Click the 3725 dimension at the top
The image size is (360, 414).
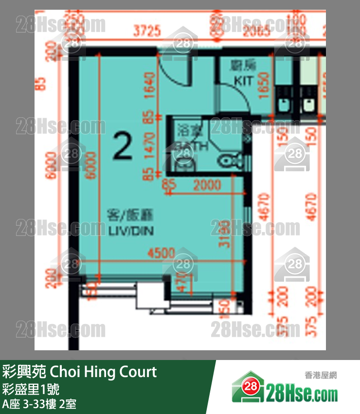tap(146, 32)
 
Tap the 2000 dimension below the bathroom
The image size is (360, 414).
tap(207, 185)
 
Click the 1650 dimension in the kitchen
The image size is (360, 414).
tap(264, 85)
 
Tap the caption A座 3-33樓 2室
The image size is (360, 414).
tap(38, 404)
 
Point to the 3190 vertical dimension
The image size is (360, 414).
tap(224, 234)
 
